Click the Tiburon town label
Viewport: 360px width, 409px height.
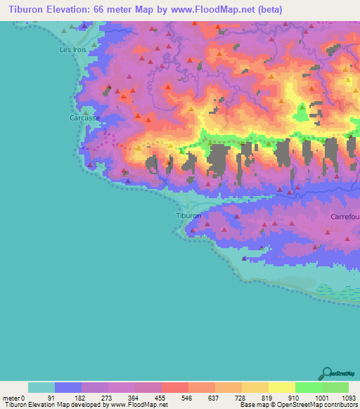tap(188, 216)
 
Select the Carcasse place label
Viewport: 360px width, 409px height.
tap(84, 119)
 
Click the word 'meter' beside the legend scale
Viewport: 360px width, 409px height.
tap(12, 398)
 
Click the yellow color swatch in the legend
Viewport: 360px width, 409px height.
tap(281, 387)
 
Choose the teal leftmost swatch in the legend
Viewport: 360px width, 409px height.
tap(41, 387)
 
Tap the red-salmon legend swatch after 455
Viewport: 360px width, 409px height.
tap(174, 387)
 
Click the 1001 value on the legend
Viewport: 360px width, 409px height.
tap(309, 398)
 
